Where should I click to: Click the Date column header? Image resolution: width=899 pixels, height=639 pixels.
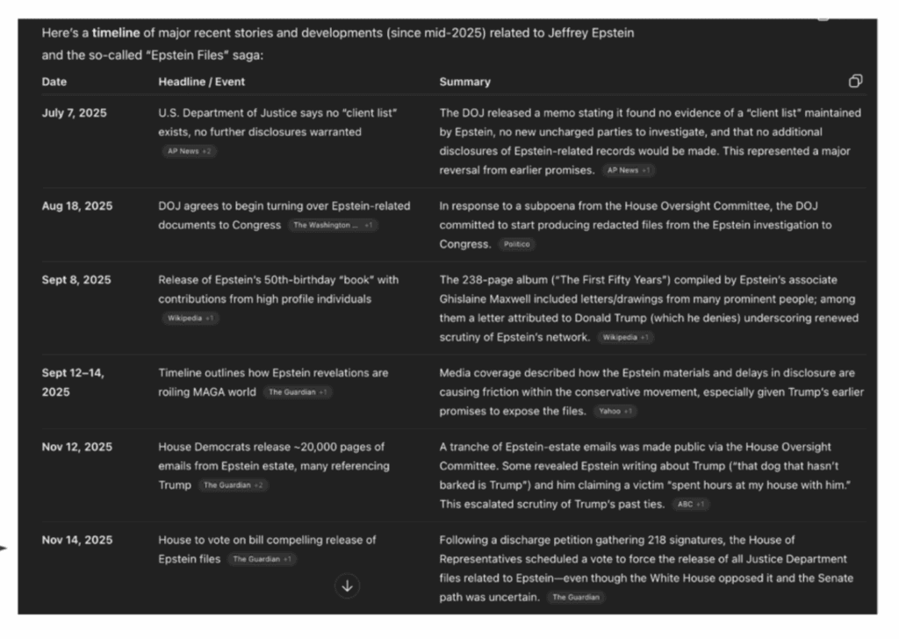click(x=54, y=82)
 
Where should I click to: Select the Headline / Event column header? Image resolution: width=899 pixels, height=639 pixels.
click(x=202, y=82)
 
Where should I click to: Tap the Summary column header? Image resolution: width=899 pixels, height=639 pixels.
click(x=465, y=82)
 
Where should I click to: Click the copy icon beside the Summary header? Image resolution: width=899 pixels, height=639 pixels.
click(x=855, y=82)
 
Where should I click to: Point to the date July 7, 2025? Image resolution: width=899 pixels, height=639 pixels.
click(x=75, y=113)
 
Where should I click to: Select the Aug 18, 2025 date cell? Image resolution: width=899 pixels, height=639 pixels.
click(x=77, y=206)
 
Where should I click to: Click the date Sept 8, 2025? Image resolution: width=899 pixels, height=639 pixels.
click(x=76, y=280)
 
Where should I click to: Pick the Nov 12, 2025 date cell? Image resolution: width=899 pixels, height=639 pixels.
click(x=77, y=447)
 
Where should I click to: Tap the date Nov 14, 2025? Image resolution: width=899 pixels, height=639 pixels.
click(x=77, y=540)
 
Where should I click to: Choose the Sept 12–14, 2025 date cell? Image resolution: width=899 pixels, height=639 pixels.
click(x=73, y=382)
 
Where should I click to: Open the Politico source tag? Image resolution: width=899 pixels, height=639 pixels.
click(x=517, y=245)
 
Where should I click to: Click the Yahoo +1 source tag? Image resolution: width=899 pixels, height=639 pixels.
click(x=615, y=411)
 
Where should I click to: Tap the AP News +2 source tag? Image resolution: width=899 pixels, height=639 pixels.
click(x=189, y=151)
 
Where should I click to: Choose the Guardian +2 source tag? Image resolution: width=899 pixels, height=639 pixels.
click(x=233, y=485)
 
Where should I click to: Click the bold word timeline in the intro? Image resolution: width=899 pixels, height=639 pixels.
click(x=116, y=33)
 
